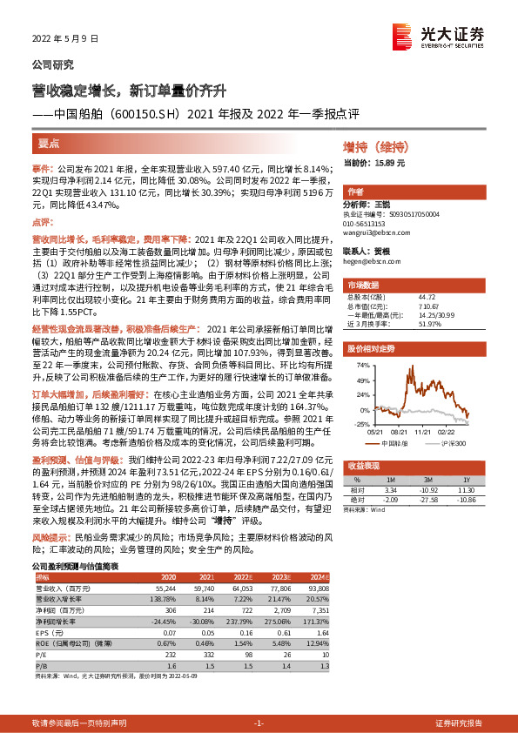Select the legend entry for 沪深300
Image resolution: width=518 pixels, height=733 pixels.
point(452,441)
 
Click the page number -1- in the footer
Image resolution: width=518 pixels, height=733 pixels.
point(258,723)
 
